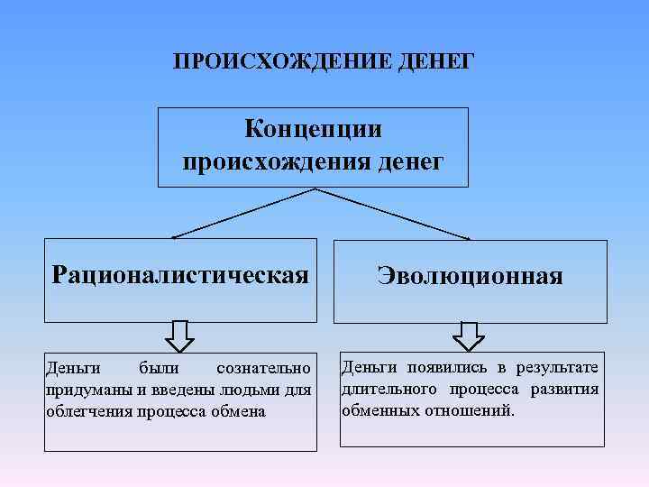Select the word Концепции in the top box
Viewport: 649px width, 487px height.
[x=313, y=129]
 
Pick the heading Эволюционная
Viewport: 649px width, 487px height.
[x=470, y=275]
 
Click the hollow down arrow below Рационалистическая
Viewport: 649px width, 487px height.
[x=180, y=335]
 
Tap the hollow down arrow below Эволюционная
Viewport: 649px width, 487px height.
[x=469, y=335]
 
